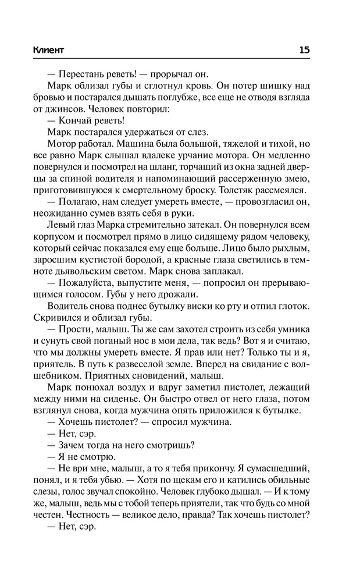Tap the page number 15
coord(304,49)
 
